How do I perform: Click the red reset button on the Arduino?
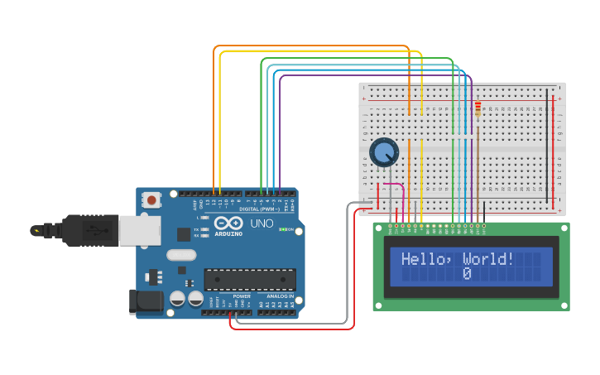(152, 199)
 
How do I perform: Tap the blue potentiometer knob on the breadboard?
(384, 152)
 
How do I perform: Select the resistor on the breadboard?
(478, 109)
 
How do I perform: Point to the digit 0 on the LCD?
(467, 274)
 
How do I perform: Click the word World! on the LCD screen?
(488, 259)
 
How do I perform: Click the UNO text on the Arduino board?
(262, 224)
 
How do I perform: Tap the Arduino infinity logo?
(227, 224)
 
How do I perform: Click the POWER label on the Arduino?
(242, 296)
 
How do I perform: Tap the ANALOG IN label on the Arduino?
(280, 296)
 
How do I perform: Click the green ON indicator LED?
(283, 229)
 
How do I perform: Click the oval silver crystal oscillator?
(181, 255)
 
